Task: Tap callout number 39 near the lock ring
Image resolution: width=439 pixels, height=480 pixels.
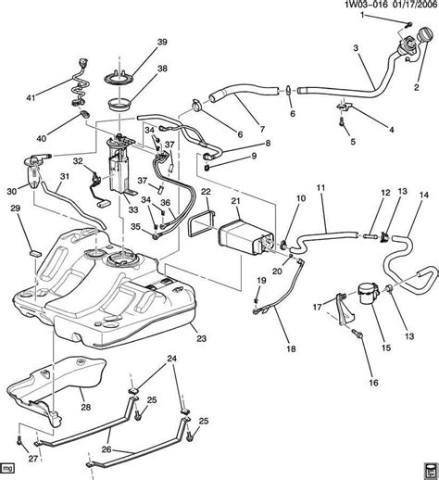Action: click(162, 42)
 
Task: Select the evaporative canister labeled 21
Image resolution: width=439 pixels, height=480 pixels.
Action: click(244, 235)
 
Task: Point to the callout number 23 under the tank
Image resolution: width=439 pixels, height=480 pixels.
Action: click(201, 338)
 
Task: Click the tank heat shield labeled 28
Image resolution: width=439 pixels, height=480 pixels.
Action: click(58, 387)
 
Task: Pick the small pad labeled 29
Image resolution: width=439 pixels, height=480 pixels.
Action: click(35, 254)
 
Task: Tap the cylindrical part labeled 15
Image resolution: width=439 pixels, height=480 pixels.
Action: click(368, 294)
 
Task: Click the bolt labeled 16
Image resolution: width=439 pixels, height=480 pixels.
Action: click(357, 333)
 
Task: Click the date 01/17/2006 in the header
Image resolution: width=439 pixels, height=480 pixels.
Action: click(414, 5)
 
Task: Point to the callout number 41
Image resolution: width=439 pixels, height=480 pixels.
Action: click(31, 98)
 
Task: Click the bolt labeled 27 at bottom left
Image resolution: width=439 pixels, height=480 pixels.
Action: click(19, 441)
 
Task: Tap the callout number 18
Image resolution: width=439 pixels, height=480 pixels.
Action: click(291, 348)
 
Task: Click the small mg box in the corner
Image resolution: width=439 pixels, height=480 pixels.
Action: click(7, 468)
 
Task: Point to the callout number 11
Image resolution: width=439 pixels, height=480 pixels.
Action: click(321, 187)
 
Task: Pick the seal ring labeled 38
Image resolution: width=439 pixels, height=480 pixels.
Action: click(119, 105)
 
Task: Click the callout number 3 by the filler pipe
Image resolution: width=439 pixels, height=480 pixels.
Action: click(356, 48)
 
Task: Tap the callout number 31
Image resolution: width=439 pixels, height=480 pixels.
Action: click(65, 177)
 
